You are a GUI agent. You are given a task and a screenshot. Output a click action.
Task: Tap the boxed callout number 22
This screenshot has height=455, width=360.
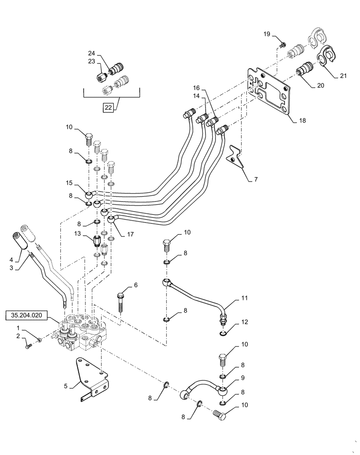108,107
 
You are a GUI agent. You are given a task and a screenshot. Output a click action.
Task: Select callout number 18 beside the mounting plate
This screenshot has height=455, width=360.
302,121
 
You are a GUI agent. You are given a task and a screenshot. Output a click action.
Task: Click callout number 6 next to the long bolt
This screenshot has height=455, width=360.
135,285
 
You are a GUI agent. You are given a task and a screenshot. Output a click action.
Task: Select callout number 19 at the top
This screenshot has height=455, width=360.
266,34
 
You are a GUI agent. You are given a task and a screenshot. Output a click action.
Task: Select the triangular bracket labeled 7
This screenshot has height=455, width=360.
235,154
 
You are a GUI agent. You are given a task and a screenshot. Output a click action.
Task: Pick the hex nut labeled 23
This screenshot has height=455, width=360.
100,78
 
